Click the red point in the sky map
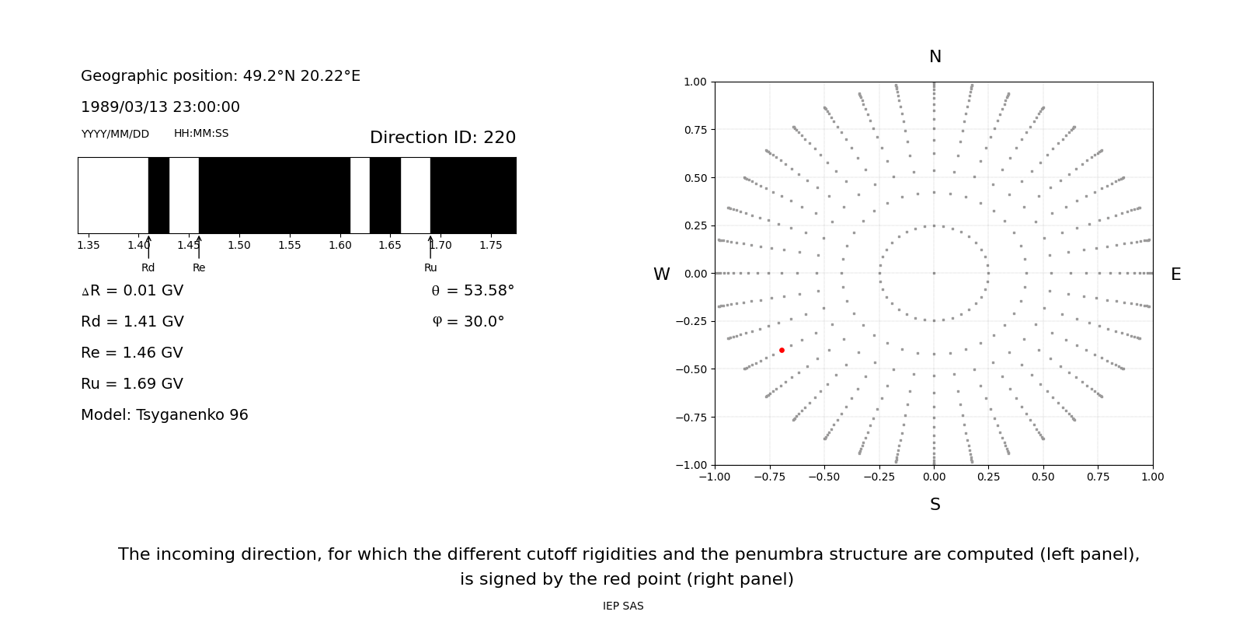click(x=782, y=351)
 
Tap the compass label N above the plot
click(x=935, y=57)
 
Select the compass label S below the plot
click(x=935, y=505)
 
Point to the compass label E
click(x=1175, y=274)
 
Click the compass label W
click(x=661, y=274)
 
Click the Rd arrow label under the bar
click(x=148, y=268)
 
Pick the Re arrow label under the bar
click(x=199, y=268)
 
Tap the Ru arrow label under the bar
click(x=430, y=268)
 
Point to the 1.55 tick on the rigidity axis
click(x=290, y=246)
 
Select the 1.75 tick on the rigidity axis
click(x=491, y=246)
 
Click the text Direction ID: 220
click(x=442, y=138)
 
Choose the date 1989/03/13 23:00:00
click(x=160, y=107)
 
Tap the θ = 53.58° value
click(x=472, y=291)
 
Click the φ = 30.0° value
click(x=468, y=322)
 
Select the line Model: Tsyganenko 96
click(x=165, y=415)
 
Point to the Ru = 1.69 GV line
click(x=132, y=384)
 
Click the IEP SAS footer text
click(x=623, y=606)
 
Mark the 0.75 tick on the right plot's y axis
click(x=695, y=130)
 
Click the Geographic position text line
click(x=221, y=76)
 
